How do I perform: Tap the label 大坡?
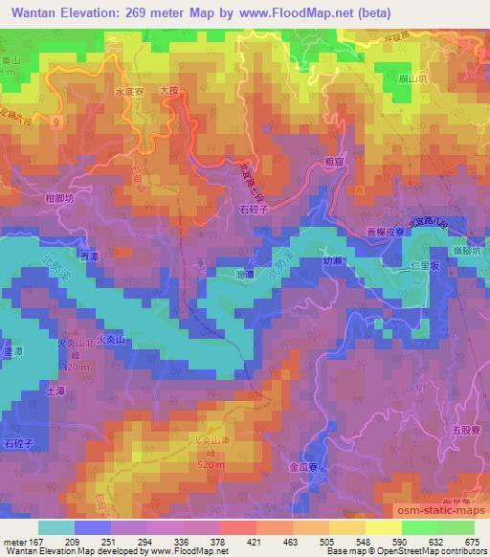(x=169, y=91)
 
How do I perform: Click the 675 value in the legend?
(x=471, y=541)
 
